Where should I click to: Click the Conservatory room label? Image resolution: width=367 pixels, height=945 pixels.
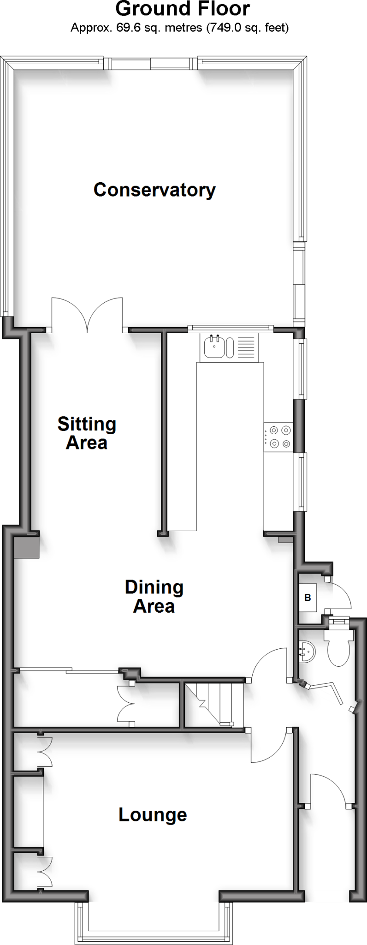(154, 190)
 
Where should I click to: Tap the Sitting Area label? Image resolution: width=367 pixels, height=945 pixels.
(87, 433)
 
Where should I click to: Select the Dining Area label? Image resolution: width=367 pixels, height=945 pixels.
(154, 596)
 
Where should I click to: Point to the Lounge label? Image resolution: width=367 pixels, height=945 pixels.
(153, 814)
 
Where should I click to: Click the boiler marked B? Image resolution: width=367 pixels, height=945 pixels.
(308, 598)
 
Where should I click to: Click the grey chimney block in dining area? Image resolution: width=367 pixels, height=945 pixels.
(27, 548)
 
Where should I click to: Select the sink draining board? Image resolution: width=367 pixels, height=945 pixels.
(246, 347)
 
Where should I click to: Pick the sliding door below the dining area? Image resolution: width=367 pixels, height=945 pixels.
(69, 670)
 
